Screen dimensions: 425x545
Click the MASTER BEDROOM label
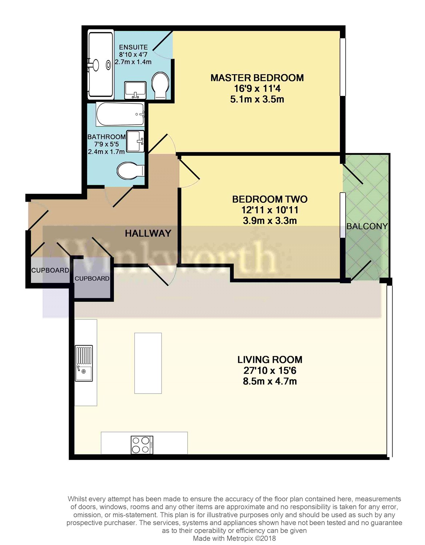click(257, 78)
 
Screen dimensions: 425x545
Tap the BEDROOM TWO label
click(270, 199)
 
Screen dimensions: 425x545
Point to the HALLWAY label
click(148, 234)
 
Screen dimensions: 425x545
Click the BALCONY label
click(367, 226)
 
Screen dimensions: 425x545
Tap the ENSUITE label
click(133, 47)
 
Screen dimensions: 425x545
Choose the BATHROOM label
click(107, 137)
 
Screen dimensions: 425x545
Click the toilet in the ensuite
click(160, 86)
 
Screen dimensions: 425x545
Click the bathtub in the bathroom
click(120, 114)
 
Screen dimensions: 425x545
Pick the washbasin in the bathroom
click(136, 141)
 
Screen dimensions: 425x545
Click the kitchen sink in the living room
click(84, 363)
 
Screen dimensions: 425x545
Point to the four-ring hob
click(142, 445)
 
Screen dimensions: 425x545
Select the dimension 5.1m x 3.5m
click(257, 99)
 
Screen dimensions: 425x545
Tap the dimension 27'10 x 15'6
click(270, 371)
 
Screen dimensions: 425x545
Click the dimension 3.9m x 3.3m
click(270, 221)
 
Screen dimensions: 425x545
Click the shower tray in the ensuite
click(100, 64)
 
